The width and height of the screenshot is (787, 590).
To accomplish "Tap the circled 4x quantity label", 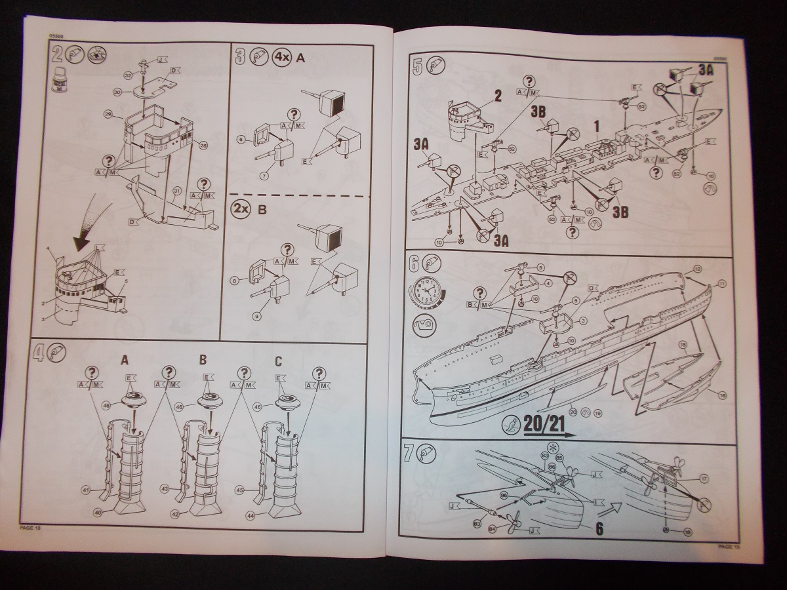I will pyautogui.click(x=281, y=58).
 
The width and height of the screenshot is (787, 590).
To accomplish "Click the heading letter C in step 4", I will pyautogui.click(x=279, y=360).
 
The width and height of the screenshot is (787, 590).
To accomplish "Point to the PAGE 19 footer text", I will pyautogui.click(x=729, y=545).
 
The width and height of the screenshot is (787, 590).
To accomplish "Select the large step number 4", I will pyautogui.click(x=41, y=354).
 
